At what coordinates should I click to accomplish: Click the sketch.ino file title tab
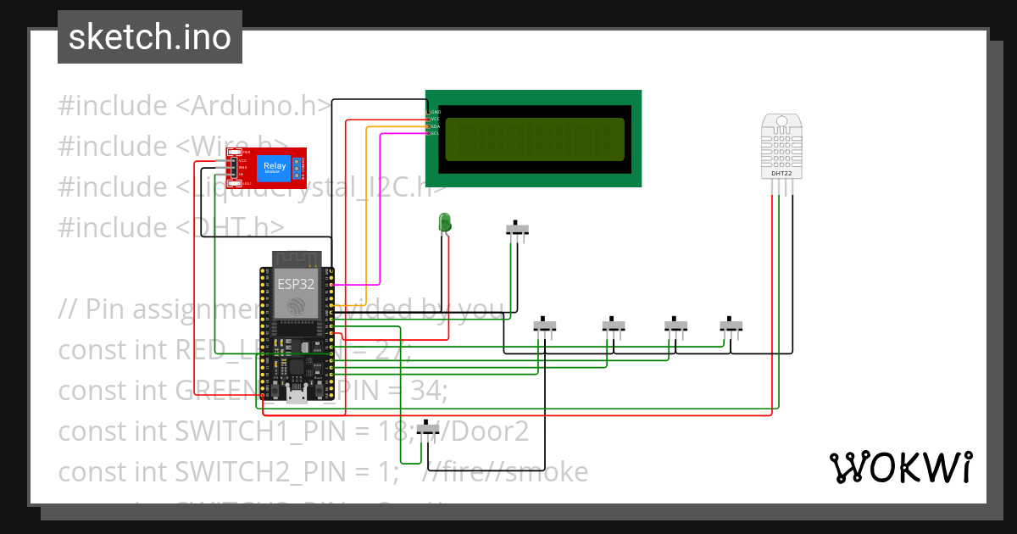(x=150, y=37)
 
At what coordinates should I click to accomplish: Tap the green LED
(x=444, y=223)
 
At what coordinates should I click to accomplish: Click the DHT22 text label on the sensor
(x=781, y=174)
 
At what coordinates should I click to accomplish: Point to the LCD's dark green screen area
(x=533, y=139)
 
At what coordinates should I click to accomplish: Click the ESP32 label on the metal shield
(x=296, y=284)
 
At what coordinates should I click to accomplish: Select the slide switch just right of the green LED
(x=518, y=229)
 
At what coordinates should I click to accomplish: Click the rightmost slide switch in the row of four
(x=731, y=325)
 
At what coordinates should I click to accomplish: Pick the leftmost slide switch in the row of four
(x=545, y=325)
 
